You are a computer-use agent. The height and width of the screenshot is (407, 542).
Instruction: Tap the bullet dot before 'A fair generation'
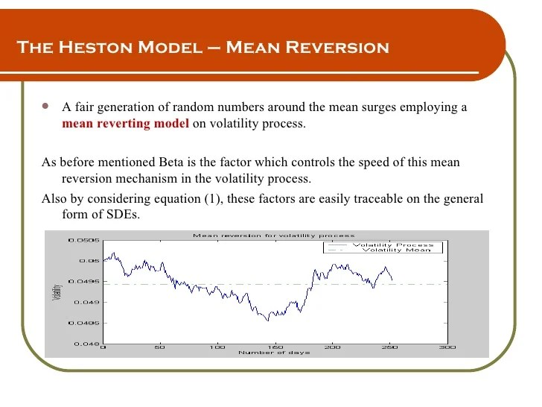point(46,107)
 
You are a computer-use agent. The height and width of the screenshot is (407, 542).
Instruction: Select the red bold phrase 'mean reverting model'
point(126,124)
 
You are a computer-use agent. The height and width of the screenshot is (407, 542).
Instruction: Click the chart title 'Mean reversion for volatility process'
point(274,235)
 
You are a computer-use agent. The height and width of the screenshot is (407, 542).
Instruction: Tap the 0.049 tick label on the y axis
point(87,303)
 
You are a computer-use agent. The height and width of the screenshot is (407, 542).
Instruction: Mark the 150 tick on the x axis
point(275,347)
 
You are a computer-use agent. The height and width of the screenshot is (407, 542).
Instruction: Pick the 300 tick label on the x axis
point(447,347)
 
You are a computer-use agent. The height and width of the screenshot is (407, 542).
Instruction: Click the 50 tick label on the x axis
point(160,347)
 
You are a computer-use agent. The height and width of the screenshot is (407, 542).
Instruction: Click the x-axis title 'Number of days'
point(274,353)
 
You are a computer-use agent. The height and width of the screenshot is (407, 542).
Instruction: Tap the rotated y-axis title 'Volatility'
point(57,291)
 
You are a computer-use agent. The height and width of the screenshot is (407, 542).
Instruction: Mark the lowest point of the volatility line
point(268,321)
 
